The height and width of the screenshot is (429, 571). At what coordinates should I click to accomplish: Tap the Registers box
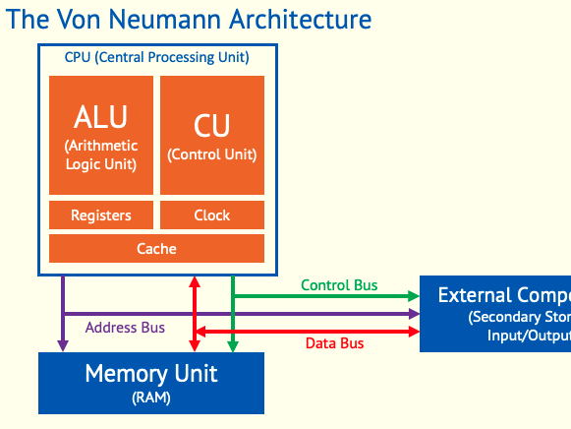coord(101,215)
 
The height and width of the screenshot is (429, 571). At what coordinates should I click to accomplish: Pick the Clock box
coord(211,215)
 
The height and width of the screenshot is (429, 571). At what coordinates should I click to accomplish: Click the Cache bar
coord(156,249)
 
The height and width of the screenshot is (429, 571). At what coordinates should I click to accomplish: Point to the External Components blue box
coord(495,314)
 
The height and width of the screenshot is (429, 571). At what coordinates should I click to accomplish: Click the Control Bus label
coord(339,285)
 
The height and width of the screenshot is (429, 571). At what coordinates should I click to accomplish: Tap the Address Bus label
coord(125,328)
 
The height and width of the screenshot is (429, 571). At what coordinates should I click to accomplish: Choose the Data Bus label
coord(335,343)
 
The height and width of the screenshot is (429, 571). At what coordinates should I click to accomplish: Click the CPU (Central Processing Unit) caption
coord(157,57)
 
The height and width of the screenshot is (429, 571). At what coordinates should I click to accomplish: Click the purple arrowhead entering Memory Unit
coord(63,345)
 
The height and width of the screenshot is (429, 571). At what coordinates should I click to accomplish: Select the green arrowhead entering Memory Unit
coord(232,345)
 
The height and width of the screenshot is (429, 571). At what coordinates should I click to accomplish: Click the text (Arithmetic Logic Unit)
coord(101,154)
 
